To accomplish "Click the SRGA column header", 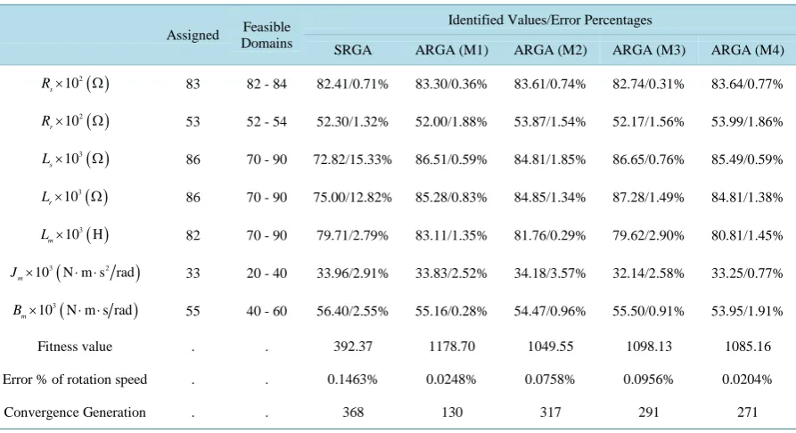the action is [x=352, y=50].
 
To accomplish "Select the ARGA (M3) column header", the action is [x=649, y=50].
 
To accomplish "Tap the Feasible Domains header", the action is [x=267, y=35].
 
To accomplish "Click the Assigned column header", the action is [x=193, y=35].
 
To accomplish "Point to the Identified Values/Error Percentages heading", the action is [x=550, y=20].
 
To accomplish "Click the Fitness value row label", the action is [x=75, y=347].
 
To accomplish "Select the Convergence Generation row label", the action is [x=75, y=412].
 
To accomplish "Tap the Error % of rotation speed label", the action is [x=75, y=380].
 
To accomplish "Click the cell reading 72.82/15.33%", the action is [x=352, y=159].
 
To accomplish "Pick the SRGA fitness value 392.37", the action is [x=352, y=347].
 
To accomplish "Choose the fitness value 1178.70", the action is [x=451, y=347].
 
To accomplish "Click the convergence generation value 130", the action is [x=451, y=412].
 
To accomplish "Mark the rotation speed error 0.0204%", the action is [x=747, y=380].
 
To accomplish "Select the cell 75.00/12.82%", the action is [x=352, y=197].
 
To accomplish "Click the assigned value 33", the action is [x=193, y=274].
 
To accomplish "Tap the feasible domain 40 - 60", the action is [x=267, y=311].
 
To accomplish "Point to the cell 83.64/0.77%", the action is [x=747, y=84].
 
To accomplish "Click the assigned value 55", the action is [x=193, y=311].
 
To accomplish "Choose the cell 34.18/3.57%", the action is [x=550, y=274].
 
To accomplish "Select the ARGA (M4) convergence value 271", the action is [x=747, y=412].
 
